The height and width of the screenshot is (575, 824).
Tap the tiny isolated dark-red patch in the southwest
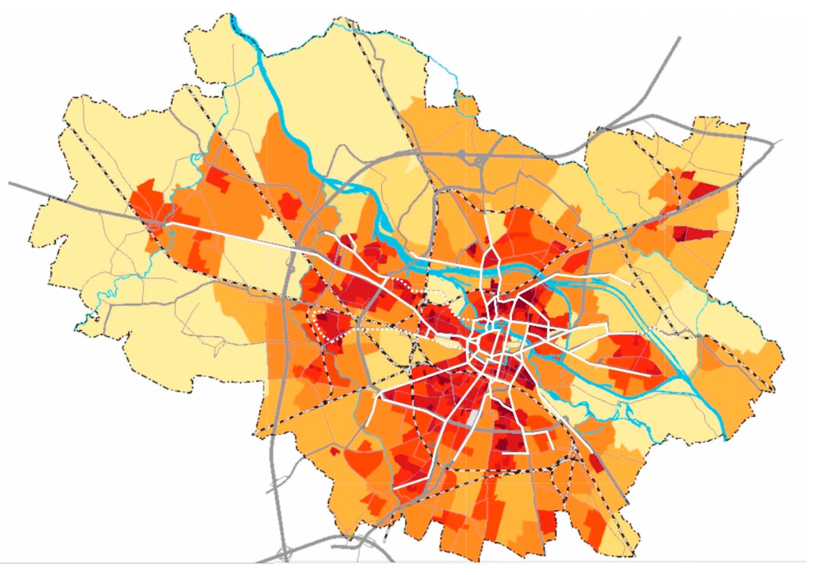point(334,452)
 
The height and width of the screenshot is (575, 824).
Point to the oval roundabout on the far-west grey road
point(155,227)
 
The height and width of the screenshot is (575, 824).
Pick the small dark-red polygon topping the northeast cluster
point(686,175)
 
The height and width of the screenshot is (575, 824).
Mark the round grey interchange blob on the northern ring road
point(462,154)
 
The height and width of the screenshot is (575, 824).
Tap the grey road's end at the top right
point(679,38)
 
